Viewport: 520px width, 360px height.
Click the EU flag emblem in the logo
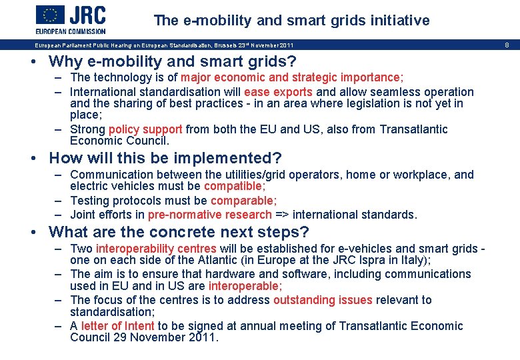coord(50,15)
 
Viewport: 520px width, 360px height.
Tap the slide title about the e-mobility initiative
coord(291,21)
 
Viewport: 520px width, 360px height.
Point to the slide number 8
coord(507,45)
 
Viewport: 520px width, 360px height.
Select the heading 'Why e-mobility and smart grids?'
coord(173,62)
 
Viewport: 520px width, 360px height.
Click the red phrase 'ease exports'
coord(278,92)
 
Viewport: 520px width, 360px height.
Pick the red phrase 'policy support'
coord(145,129)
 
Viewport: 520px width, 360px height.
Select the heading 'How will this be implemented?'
coord(165,159)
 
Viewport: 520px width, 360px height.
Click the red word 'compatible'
coord(234,187)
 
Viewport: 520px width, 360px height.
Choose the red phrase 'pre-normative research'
coord(210,215)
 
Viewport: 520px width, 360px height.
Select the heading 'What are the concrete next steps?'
coord(179,233)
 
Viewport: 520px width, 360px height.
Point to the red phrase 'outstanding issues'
coord(323,300)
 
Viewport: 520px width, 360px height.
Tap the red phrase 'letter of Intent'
coord(117,326)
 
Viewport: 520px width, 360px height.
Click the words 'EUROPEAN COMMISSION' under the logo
coord(71,31)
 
